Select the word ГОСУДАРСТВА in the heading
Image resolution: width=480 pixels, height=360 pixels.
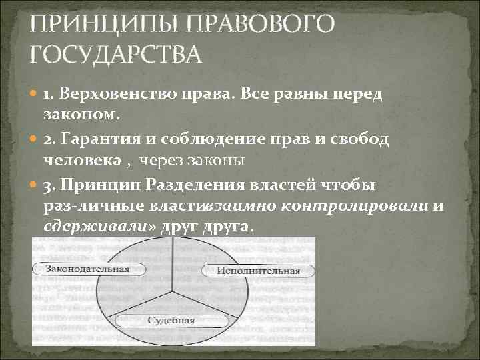coord(115,53)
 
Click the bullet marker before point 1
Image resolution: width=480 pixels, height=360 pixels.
coord(34,95)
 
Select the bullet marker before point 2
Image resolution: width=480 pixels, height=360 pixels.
coord(34,139)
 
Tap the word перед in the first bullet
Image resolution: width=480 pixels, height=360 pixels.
coord(363,95)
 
